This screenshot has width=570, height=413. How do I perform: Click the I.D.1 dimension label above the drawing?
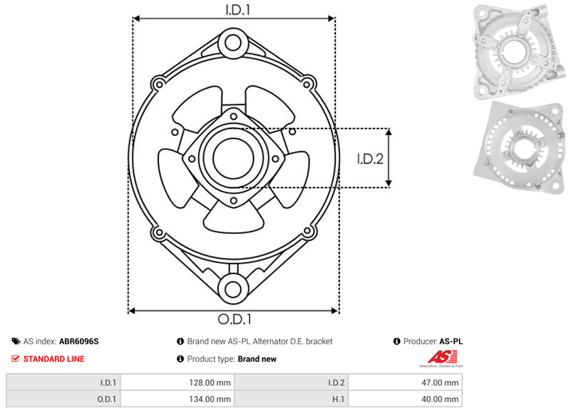click(238, 10)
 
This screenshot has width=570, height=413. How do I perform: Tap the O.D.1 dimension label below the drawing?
click(235, 319)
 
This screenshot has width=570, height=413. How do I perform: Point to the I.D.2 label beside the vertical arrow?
click(370, 159)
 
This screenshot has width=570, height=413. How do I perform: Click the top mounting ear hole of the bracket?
click(233, 43)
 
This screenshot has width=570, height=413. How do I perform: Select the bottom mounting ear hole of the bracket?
click(233, 289)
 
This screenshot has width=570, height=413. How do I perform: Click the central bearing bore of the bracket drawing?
click(233, 158)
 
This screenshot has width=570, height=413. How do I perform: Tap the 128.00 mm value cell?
click(177, 383)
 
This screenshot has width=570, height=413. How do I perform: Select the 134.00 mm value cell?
click(177, 399)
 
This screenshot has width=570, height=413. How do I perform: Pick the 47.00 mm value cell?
click(405, 383)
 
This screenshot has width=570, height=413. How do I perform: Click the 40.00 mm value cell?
click(405, 399)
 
